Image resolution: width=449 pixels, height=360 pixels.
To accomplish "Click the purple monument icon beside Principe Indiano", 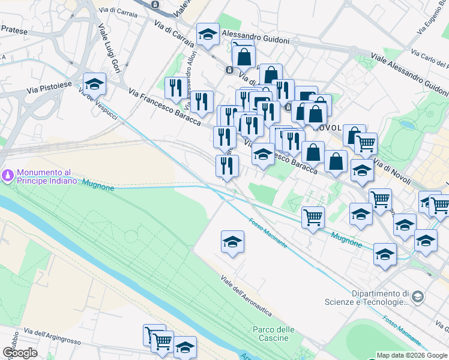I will coord(8,175).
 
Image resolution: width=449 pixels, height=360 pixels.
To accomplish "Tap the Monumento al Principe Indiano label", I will coord(47,176).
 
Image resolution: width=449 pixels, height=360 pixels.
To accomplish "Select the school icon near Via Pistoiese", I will coord(94,85).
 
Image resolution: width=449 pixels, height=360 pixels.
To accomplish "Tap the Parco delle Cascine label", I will coord(274,334).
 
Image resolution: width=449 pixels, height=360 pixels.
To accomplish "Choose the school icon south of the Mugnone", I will coord(232,242).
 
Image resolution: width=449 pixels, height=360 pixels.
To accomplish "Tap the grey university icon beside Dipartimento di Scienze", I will coord(418,295).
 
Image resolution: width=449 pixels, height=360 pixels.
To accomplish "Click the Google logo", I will coord(20,353).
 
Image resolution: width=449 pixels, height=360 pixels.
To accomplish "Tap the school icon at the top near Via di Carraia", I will coord(208,35).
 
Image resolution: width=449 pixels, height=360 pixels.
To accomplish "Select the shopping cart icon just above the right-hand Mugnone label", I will coord(313,217).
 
